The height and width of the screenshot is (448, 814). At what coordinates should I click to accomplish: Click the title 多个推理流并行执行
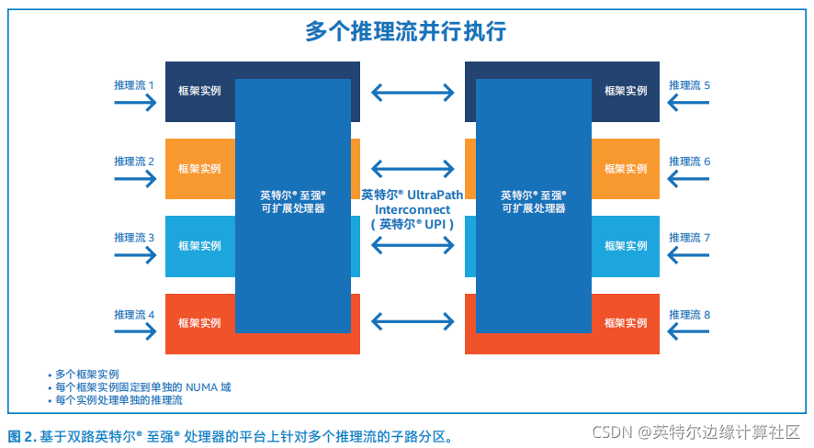point(406,31)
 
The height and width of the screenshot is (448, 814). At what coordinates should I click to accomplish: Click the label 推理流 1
point(134,85)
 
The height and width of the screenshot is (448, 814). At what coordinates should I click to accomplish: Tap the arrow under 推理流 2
point(135,178)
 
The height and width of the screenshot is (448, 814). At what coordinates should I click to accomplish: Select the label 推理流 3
point(134,238)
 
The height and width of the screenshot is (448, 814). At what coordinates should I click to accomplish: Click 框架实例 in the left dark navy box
point(199,92)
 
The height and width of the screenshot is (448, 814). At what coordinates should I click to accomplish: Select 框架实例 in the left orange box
point(199,169)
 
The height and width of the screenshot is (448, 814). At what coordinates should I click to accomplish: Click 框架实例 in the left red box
point(199,323)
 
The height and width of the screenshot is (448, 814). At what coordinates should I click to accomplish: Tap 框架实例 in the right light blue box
point(626,246)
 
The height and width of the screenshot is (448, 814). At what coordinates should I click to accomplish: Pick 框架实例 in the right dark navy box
point(626,92)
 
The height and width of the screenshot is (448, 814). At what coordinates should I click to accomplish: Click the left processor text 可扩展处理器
point(292,208)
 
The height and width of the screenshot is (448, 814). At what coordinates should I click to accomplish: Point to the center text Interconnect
point(413,208)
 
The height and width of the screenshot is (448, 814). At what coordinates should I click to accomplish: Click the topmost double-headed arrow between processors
point(413,92)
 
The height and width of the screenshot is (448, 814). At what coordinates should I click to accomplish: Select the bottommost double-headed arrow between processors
point(413,321)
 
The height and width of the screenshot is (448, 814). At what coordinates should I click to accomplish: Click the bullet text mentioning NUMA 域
point(142,387)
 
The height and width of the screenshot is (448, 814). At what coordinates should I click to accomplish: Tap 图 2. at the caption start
point(22,435)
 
